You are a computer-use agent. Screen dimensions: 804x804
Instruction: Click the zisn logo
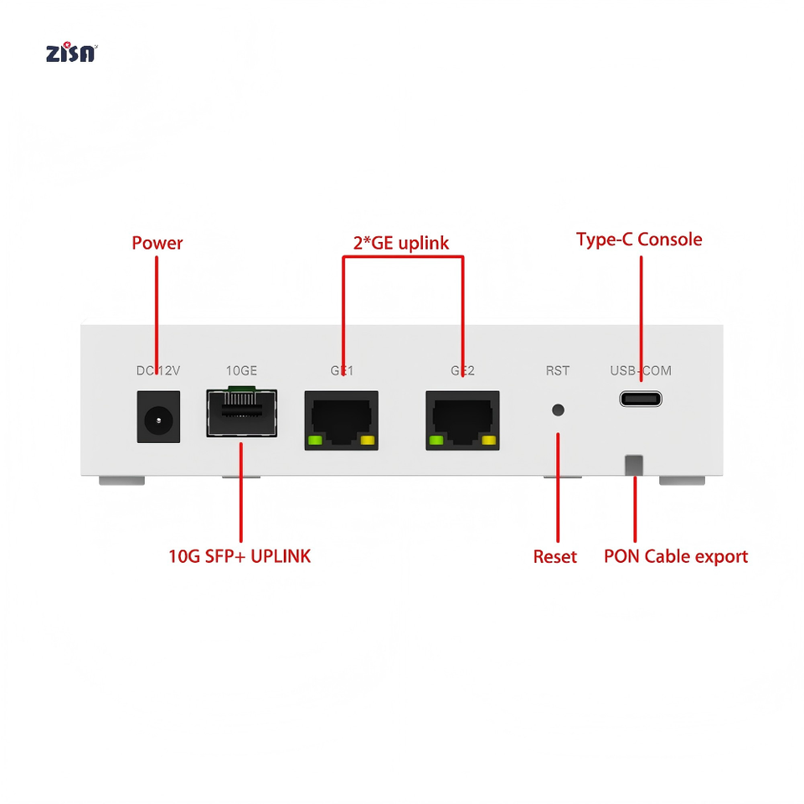[x=71, y=53]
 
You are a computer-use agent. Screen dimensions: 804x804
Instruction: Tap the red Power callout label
[x=157, y=243]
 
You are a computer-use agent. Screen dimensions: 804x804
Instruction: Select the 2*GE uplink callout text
[x=401, y=243]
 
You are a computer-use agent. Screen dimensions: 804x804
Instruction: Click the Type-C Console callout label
[x=639, y=240]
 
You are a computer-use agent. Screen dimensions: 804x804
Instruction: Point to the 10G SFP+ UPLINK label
[x=240, y=556]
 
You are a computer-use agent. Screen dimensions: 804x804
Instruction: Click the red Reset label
[x=554, y=557]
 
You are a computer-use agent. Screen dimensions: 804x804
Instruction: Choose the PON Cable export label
[x=676, y=557]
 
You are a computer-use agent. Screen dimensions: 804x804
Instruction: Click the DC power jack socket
[x=158, y=417]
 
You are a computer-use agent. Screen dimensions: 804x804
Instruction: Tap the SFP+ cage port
[x=241, y=412]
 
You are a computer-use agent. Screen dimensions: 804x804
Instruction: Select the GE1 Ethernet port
[x=342, y=420]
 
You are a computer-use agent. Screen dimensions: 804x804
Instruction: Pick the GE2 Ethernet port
[x=462, y=420]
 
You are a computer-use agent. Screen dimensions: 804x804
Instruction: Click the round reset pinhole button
[x=558, y=410]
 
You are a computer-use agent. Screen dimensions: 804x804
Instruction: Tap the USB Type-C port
[x=641, y=399]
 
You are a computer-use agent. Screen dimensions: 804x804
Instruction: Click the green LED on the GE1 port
[x=314, y=441]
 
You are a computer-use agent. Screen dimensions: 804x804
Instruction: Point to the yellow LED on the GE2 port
[x=488, y=441]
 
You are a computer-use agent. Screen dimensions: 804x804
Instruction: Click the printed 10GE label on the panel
[x=241, y=371]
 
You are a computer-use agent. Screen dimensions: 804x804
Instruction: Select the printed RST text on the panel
[x=558, y=371]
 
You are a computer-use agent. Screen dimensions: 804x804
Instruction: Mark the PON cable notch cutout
[x=634, y=465]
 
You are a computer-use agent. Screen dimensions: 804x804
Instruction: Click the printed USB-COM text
[x=641, y=371]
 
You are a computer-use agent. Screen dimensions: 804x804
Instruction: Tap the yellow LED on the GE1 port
[x=368, y=441]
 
